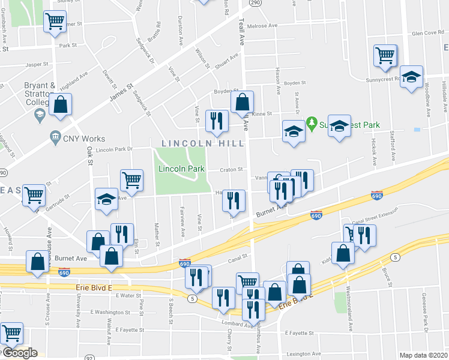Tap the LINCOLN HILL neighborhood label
[203, 143]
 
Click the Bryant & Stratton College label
[40, 94]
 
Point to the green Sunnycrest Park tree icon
[312, 124]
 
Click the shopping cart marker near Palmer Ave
[55, 22]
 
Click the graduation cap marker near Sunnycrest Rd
[412, 77]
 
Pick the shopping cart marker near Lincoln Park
[131, 179]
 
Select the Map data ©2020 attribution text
[424, 355]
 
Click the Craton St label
[231, 169]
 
